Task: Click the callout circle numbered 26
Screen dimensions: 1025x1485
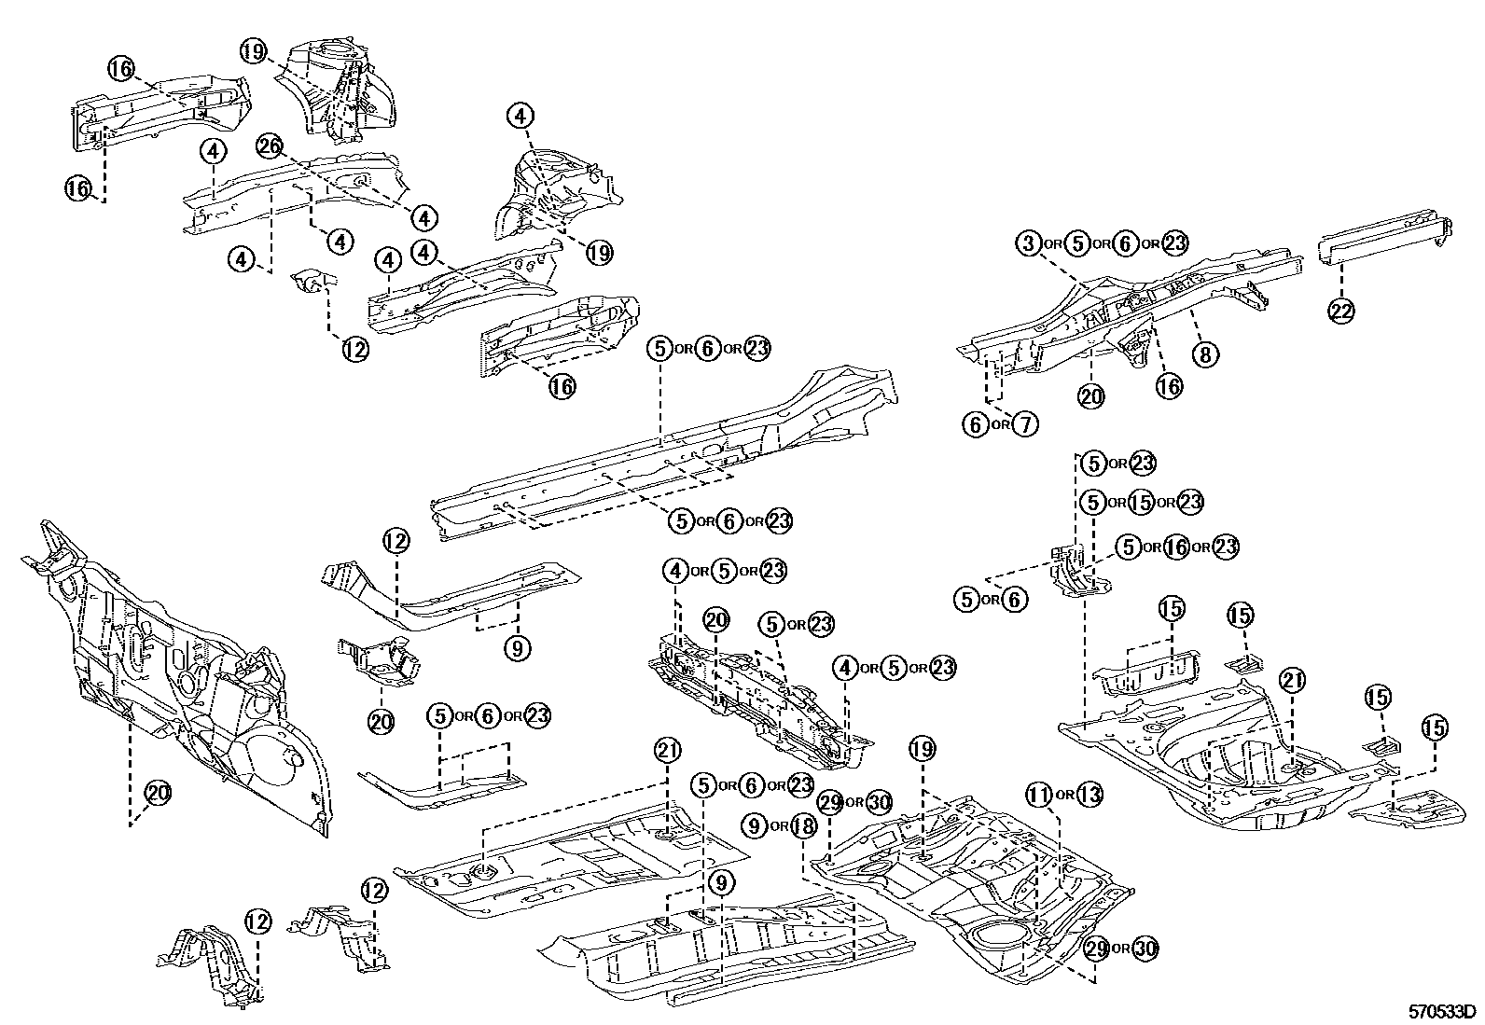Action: click(x=269, y=146)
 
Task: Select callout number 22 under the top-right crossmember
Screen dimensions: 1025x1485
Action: click(x=1340, y=312)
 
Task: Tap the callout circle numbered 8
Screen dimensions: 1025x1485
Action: click(x=1204, y=354)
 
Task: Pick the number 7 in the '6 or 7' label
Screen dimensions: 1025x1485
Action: click(x=1024, y=425)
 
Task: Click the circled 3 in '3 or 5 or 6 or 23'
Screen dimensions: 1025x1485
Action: click(x=1027, y=243)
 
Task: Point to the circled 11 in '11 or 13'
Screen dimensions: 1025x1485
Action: click(x=1039, y=796)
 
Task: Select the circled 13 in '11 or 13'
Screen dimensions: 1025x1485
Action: click(x=1089, y=796)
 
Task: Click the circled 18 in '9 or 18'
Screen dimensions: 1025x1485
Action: click(x=804, y=825)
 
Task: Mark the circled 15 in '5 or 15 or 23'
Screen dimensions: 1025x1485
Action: click(x=1141, y=502)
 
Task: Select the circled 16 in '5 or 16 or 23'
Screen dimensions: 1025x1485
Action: click(x=1177, y=547)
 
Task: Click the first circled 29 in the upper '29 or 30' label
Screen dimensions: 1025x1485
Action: click(x=829, y=801)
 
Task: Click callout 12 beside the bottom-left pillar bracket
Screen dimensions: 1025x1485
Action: click(x=257, y=922)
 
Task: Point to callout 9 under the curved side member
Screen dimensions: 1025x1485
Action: click(x=519, y=647)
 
